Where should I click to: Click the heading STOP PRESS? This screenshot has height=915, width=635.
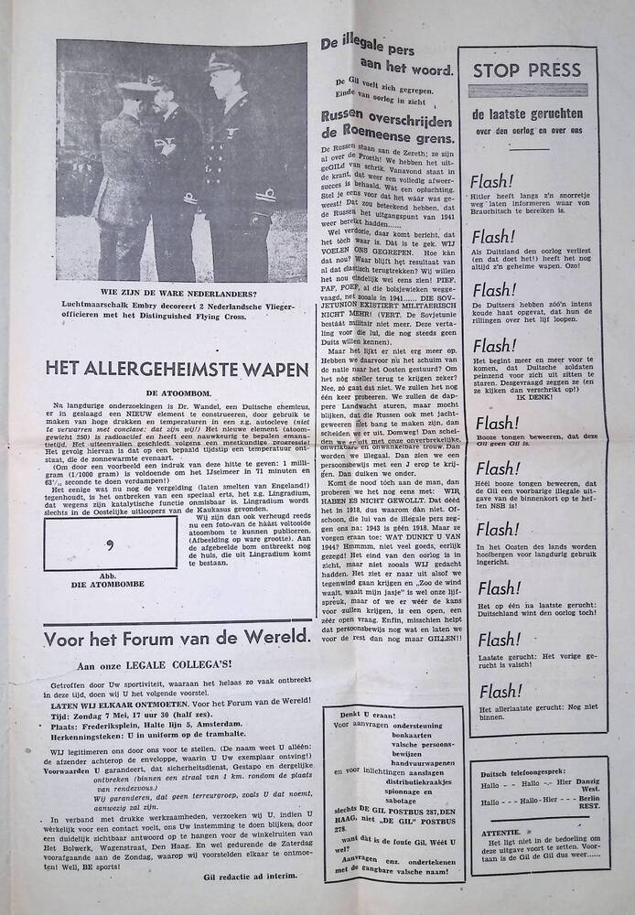[526, 69]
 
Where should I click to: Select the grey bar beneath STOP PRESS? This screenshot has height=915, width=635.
[526, 91]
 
